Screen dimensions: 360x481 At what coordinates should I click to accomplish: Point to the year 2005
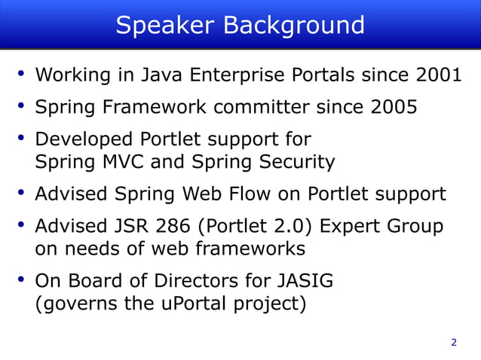point(390,108)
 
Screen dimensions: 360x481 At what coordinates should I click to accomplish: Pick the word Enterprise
point(244,76)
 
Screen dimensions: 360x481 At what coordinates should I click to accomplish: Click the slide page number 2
point(453,343)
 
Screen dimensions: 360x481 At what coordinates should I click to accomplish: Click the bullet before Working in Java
point(22,75)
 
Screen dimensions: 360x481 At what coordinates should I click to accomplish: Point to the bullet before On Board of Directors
point(22,280)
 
